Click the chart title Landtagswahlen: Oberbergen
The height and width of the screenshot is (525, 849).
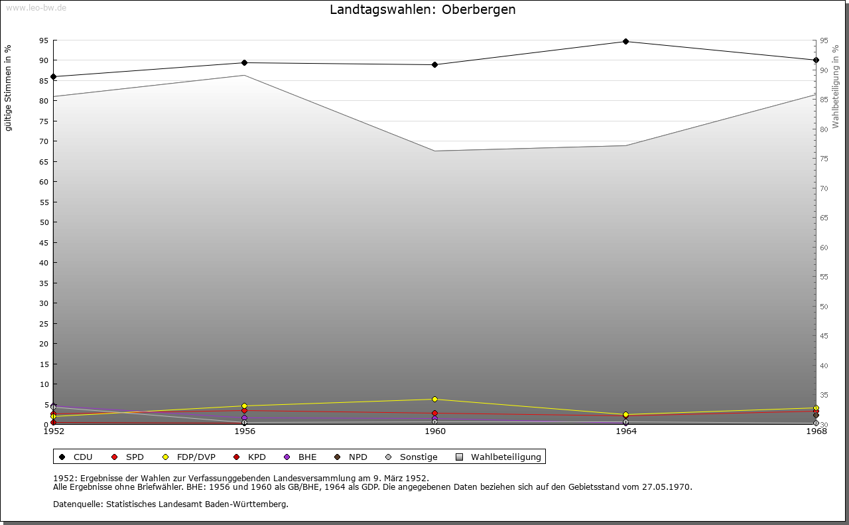pyautogui.click(x=423, y=10)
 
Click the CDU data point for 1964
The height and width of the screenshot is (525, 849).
pyautogui.click(x=625, y=41)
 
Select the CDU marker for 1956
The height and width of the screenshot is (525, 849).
pyautogui.click(x=244, y=62)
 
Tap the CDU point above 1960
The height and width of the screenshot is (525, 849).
pyautogui.click(x=434, y=64)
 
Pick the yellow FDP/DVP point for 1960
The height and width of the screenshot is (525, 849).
pyautogui.click(x=434, y=399)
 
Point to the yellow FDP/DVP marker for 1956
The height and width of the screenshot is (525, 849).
pyautogui.click(x=244, y=406)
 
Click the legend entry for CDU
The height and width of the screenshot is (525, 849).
pyautogui.click(x=76, y=457)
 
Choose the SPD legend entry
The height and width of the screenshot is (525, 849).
pyautogui.click(x=127, y=457)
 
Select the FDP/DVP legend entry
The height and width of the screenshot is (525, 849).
pyautogui.click(x=188, y=457)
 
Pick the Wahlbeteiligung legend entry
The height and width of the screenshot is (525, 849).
pyautogui.click(x=499, y=457)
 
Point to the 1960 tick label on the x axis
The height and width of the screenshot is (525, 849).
pyautogui.click(x=435, y=431)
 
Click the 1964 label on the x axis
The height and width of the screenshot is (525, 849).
pyautogui.click(x=625, y=431)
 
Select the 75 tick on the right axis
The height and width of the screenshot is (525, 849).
pyautogui.click(x=824, y=159)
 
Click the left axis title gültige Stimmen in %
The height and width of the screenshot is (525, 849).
pyautogui.click(x=9, y=88)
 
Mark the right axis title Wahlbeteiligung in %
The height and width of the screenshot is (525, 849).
pyautogui.click(x=836, y=87)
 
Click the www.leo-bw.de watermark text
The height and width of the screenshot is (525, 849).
pyautogui.click(x=35, y=7)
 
